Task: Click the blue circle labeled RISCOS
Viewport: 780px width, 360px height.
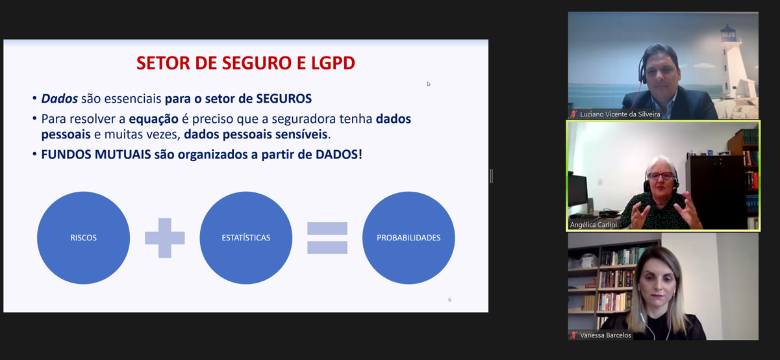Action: click(84, 238)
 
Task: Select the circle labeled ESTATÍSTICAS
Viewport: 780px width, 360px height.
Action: click(246, 238)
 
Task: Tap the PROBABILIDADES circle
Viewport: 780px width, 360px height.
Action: click(409, 238)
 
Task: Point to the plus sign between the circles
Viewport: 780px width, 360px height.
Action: click(165, 238)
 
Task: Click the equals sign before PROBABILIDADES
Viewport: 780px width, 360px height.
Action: click(327, 238)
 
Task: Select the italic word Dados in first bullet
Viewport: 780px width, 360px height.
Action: click(60, 99)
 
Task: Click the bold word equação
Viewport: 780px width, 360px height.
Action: click(153, 119)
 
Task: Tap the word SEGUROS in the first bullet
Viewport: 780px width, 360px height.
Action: click(284, 99)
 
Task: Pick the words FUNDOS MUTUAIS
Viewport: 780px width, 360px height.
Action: click(96, 155)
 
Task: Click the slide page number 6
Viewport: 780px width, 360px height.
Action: click(449, 300)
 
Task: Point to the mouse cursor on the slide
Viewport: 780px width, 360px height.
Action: click(429, 84)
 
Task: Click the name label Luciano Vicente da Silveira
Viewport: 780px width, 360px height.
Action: click(620, 114)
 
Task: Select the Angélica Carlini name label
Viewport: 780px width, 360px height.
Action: click(594, 225)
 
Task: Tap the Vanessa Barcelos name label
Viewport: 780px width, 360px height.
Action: click(605, 335)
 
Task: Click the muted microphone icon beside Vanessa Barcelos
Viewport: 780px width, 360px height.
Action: click(574, 335)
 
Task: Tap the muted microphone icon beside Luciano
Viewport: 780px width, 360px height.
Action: click(574, 114)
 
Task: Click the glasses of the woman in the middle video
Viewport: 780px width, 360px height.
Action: click(660, 176)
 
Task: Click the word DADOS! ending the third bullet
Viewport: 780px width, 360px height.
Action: click(339, 155)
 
